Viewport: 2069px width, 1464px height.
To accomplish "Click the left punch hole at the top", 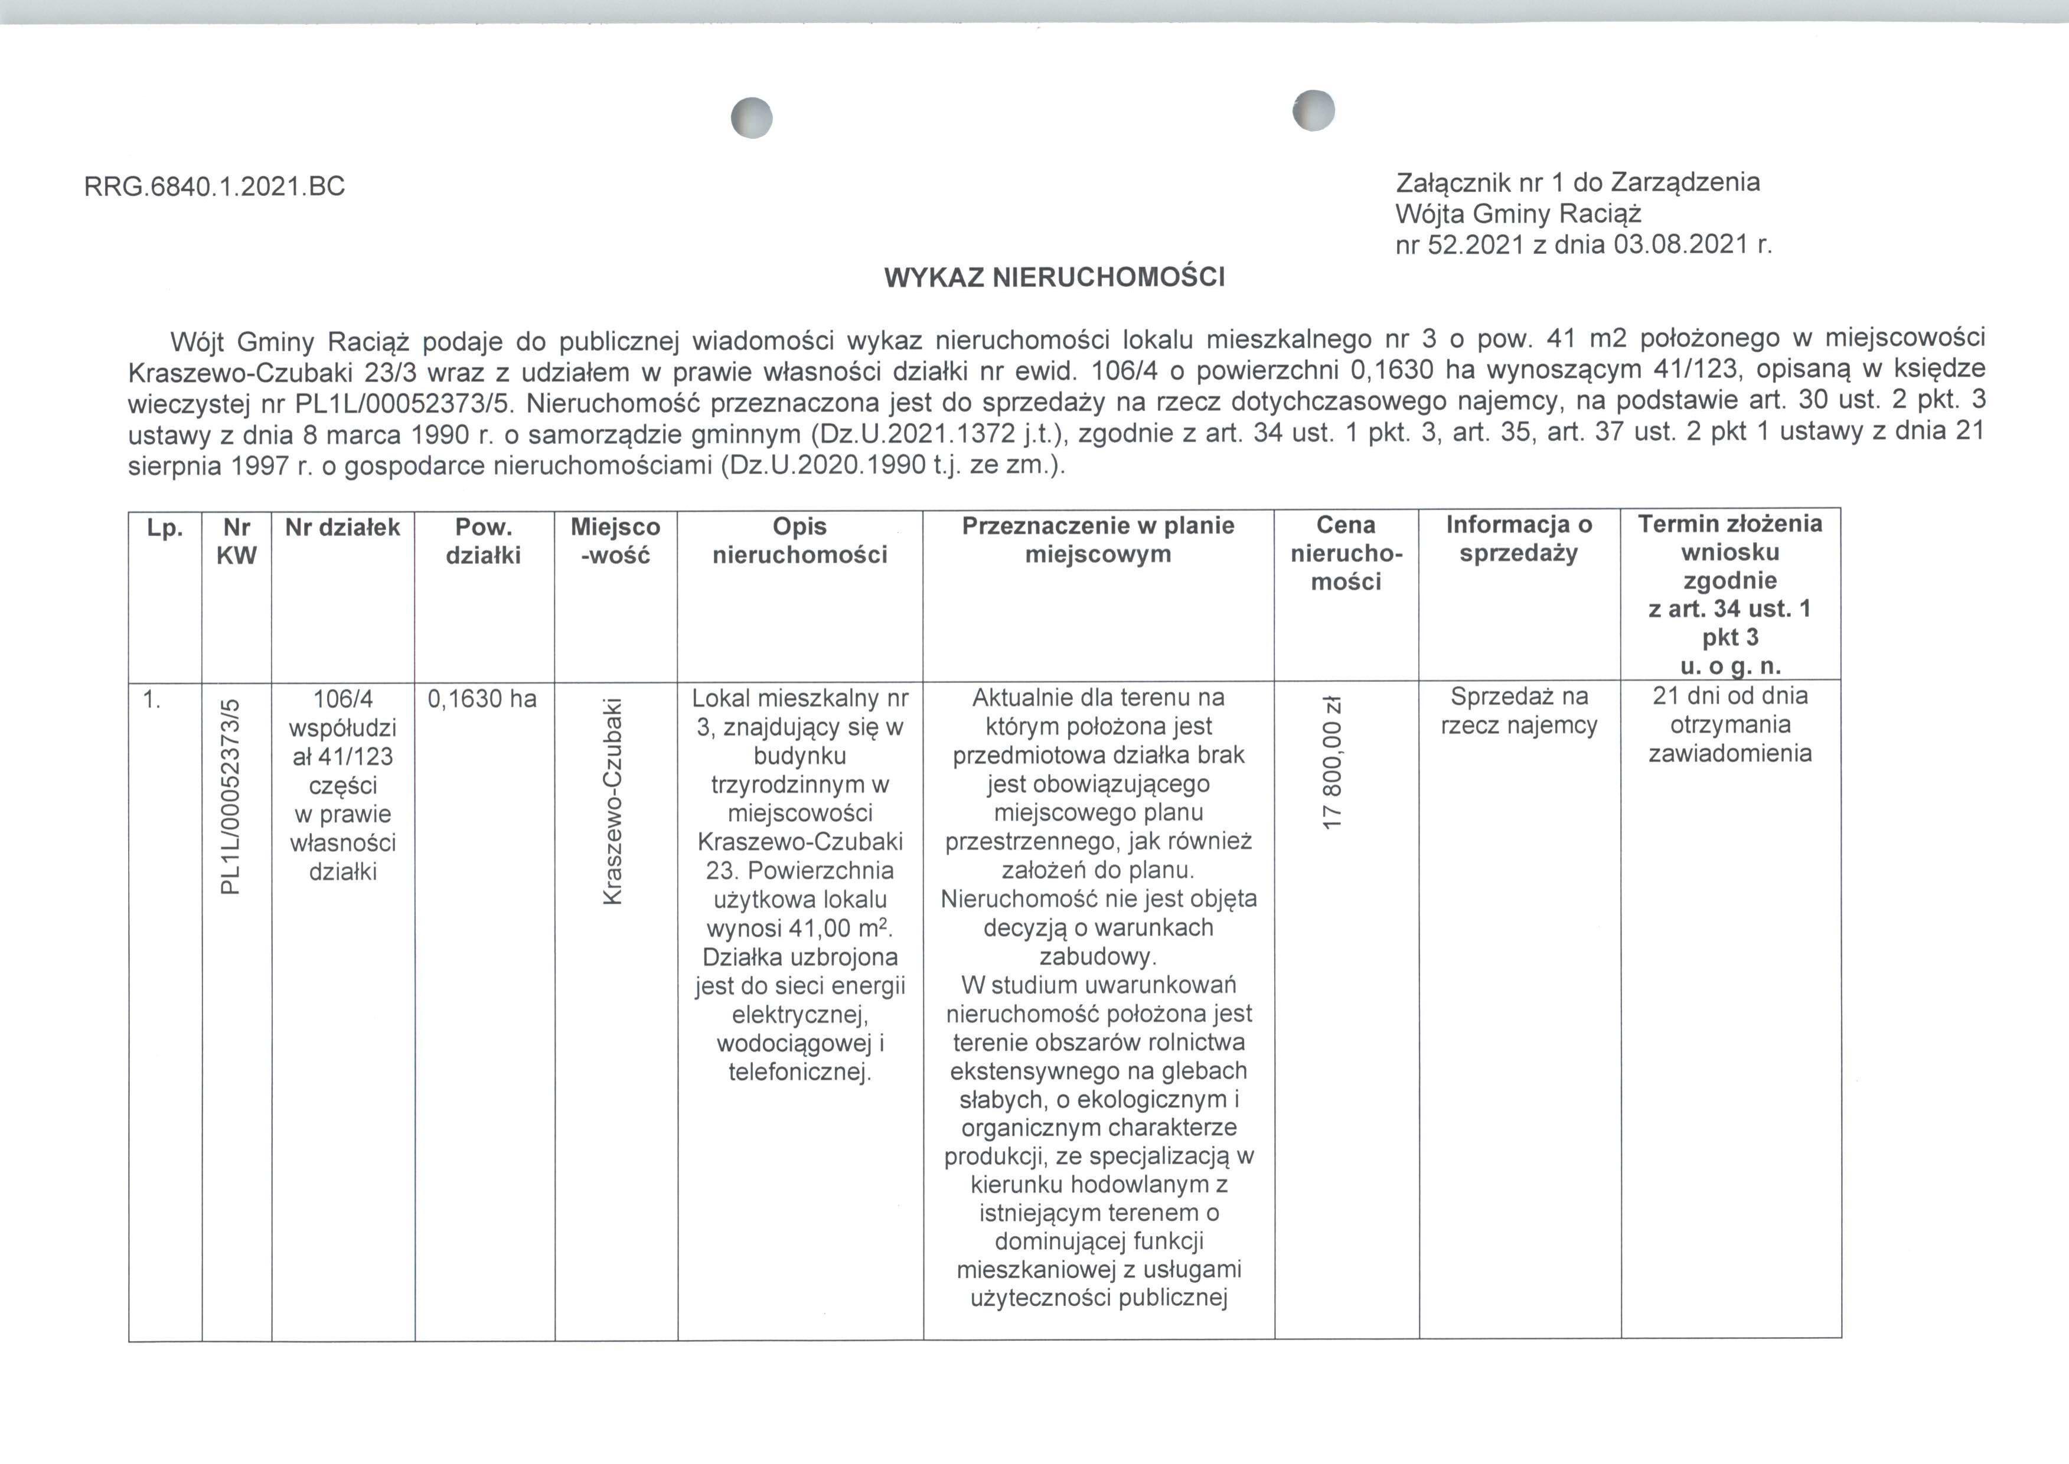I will [752, 118].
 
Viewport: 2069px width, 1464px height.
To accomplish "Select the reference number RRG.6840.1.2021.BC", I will [214, 187].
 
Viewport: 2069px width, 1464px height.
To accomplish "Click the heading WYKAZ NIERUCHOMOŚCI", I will [1054, 277].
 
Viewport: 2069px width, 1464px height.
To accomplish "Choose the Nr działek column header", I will [342, 527].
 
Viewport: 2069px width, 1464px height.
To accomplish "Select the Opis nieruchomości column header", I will [799, 540].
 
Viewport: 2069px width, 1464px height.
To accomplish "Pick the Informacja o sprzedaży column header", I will [1519, 538].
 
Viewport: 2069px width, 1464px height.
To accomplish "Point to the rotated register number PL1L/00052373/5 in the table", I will [231, 797].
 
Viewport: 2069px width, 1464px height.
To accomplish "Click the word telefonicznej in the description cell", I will [799, 1072].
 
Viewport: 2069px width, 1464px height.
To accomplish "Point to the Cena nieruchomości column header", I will [1346, 554].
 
